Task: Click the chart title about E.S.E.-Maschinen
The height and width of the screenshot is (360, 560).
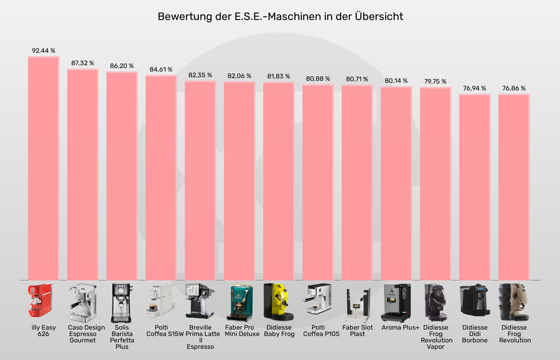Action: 280,16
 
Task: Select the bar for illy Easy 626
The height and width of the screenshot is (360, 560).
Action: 44,168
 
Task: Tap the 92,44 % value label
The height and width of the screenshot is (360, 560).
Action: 44,51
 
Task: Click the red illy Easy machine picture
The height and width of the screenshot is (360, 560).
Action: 40,300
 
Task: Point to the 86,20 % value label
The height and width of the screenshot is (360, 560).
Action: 122,66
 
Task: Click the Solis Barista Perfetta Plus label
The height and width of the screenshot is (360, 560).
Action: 122,337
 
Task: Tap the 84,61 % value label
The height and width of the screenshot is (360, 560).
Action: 161,70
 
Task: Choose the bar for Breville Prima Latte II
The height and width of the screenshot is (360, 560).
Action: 200,180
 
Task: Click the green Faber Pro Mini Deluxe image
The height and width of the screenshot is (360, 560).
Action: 239,302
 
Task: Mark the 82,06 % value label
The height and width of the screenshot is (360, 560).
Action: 239,76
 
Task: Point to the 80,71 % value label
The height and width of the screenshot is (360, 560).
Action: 357,79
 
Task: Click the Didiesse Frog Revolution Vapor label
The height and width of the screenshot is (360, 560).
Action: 436,337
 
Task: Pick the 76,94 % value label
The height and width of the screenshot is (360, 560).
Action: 474,88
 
